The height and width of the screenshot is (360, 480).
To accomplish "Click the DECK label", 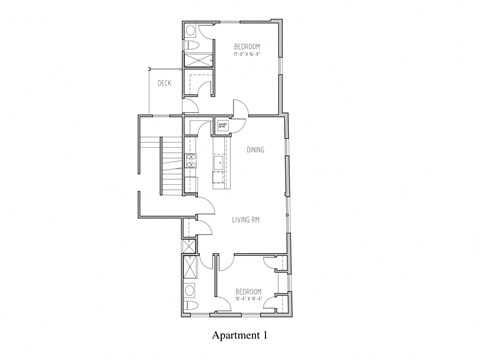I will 165,84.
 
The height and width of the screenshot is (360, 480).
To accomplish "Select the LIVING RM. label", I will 247,219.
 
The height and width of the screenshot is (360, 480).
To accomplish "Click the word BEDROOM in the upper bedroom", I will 247,47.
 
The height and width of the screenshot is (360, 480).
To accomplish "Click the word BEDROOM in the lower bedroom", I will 249,291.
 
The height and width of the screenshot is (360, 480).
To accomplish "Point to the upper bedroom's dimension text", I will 247,55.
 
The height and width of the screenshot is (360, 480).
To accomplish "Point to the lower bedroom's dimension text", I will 249,299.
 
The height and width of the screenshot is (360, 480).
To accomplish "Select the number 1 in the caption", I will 267,335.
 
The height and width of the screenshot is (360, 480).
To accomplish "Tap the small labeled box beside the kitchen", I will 222,125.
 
